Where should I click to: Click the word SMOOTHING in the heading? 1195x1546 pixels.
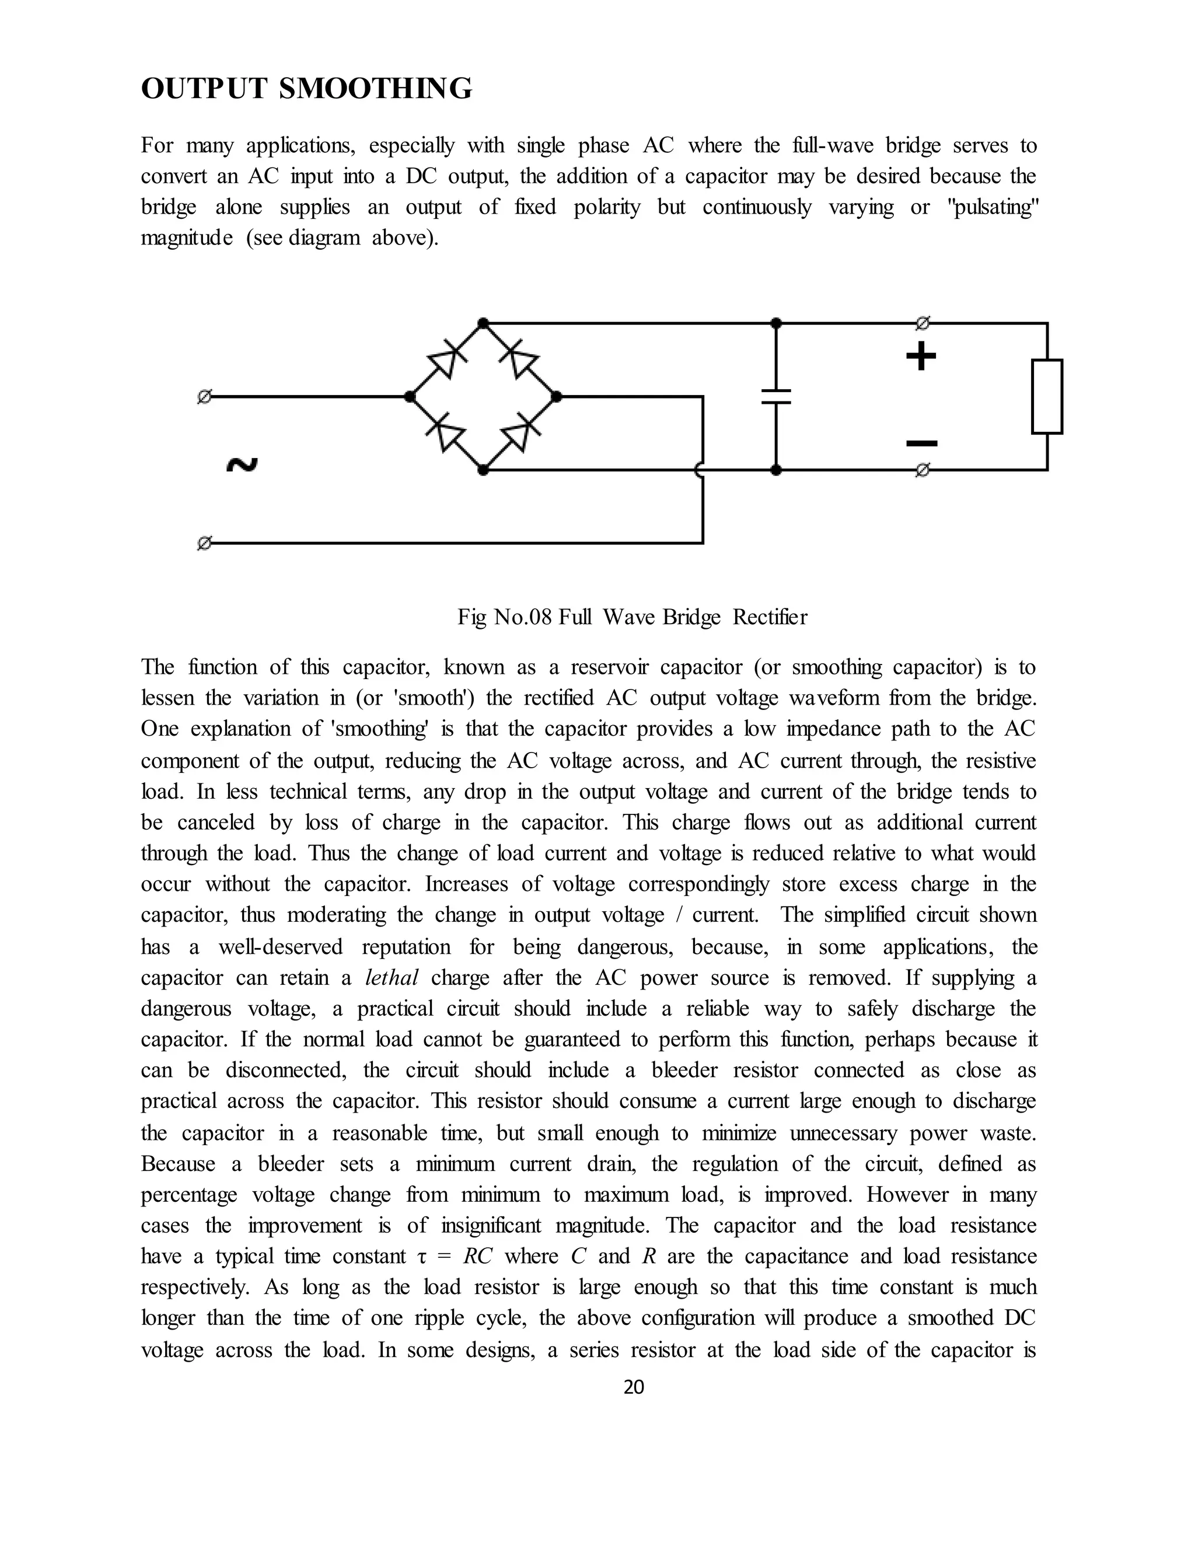tap(376, 89)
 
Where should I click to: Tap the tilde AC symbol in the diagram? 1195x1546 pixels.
tap(242, 465)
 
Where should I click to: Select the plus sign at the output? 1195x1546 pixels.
tap(921, 357)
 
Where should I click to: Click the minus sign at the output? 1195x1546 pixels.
tap(922, 444)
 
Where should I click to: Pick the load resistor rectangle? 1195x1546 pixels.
tap(1047, 396)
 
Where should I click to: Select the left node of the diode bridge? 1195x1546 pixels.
tap(409, 396)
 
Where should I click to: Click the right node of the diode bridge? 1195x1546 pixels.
tap(557, 396)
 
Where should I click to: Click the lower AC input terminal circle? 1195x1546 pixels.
tap(204, 544)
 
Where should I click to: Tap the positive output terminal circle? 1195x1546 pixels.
tap(922, 324)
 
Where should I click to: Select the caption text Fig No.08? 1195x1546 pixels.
tap(504, 617)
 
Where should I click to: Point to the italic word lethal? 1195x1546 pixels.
tap(392, 978)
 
